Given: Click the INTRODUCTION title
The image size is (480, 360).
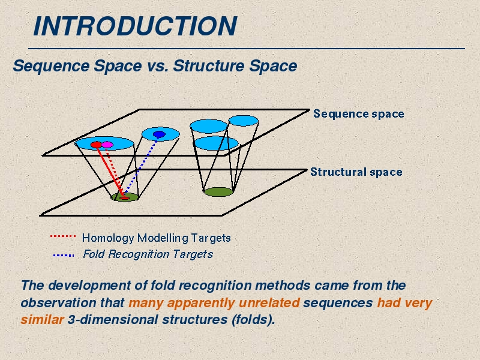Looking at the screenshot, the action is (x=135, y=26).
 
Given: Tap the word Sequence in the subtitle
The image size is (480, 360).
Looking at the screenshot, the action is (x=52, y=66).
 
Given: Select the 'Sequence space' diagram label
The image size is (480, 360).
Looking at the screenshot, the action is (x=358, y=114).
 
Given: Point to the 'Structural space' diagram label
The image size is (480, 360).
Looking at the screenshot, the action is (x=356, y=172).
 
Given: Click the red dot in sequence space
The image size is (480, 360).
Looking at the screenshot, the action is (x=96, y=145).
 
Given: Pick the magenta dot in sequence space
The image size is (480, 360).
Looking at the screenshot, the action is (x=107, y=145).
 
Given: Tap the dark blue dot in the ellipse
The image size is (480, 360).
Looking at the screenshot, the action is (x=159, y=134).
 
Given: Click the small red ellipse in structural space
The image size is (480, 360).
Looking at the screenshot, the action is (x=125, y=198).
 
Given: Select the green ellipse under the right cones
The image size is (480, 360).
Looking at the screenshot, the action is (x=218, y=192).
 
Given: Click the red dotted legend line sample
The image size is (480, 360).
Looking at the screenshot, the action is (x=63, y=236).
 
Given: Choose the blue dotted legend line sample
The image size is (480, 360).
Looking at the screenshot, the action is (x=64, y=255).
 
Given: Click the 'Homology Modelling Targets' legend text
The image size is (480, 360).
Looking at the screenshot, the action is (x=157, y=238).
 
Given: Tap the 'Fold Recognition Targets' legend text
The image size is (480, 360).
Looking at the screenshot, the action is (x=148, y=254).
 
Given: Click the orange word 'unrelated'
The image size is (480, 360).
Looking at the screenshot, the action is (x=269, y=303).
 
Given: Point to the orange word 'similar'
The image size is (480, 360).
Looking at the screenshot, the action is (x=42, y=320).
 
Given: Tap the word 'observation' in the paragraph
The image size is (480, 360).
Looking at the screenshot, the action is (x=58, y=303).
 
